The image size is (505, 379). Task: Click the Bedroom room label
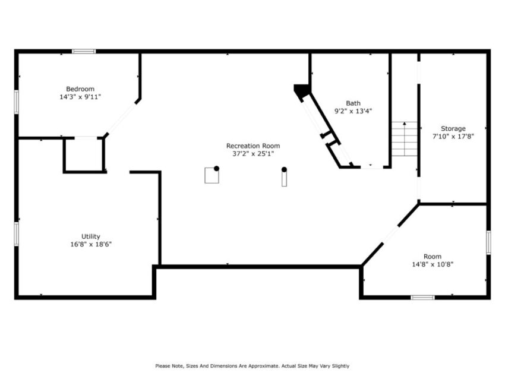[80, 89]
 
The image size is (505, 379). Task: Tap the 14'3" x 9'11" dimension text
[80, 97]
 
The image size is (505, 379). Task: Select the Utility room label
[91, 236]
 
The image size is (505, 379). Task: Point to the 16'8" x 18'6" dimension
[91, 244]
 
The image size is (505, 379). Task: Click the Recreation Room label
[252, 146]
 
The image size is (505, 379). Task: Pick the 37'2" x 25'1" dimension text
[252, 153]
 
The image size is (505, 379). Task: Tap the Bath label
[353, 103]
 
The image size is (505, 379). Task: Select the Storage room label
[453, 128]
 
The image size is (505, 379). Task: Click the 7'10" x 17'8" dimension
[453, 136]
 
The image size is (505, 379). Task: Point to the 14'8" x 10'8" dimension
[433, 264]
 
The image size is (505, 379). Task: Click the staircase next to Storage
[405, 140]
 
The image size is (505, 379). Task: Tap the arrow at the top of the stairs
[405, 124]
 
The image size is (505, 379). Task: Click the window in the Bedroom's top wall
[84, 52]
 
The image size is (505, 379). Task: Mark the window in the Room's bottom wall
[422, 297]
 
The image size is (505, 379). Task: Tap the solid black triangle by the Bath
[302, 90]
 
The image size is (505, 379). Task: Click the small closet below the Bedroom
[84, 156]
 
